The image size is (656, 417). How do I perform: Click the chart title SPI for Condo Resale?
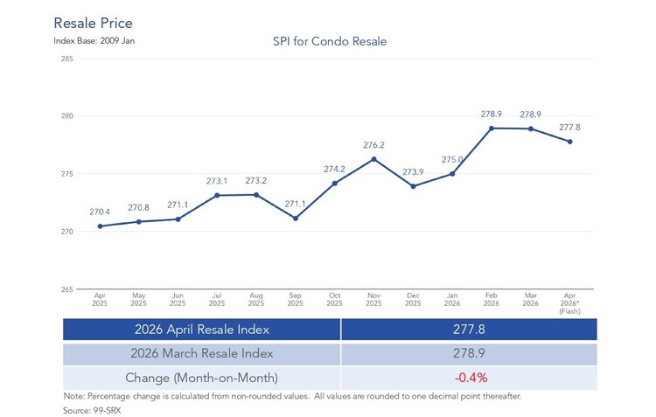click(x=330, y=41)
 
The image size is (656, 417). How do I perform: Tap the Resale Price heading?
click(x=94, y=23)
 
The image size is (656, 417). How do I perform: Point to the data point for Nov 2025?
click(x=374, y=159)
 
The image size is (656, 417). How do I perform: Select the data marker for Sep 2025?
click(x=296, y=219)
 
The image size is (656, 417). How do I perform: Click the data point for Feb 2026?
click(x=492, y=129)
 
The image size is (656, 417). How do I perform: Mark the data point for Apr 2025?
click(x=100, y=226)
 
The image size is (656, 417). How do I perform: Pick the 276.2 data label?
click(x=373, y=145)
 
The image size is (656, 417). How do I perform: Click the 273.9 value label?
click(x=413, y=172)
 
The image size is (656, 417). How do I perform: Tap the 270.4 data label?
click(x=100, y=212)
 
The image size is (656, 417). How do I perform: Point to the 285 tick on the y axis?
click(x=67, y=59)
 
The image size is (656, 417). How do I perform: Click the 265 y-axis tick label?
click(x=67, y=289)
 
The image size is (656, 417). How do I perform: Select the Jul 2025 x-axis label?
click(x=217, y=300)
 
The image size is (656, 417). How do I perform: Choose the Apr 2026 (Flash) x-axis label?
click(x=569, y=303)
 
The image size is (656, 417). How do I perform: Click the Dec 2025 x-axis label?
click(x=413, y=300)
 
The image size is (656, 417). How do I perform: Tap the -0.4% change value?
click(x=471, y=378)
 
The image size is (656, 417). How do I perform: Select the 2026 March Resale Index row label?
click(x=202, y=353)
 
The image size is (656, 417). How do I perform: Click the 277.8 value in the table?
click(x=469, y=330)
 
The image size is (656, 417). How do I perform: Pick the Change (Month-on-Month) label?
click(x=202, y=378)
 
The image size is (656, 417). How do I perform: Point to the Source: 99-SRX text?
click(x=92, y=410)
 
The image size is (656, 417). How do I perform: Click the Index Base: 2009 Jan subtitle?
click(x=94, y=41)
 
